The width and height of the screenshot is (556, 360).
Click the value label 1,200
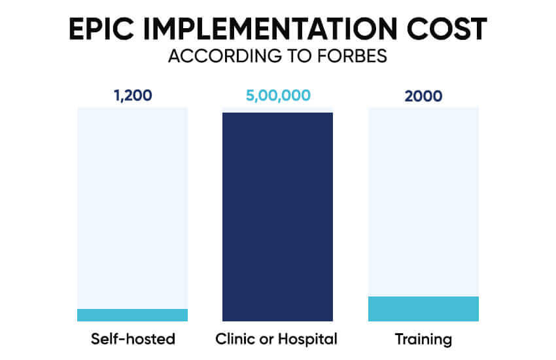133,96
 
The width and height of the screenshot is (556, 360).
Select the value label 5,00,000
278,96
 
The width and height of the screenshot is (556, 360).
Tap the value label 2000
423,96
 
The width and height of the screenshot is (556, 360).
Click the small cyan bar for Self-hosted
133,315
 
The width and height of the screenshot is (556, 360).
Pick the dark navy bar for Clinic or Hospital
278,216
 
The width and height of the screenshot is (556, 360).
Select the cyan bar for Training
423,309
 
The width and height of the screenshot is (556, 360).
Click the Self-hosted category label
133,339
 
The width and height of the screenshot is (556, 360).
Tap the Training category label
423,339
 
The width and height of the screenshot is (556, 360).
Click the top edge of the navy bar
278,113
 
